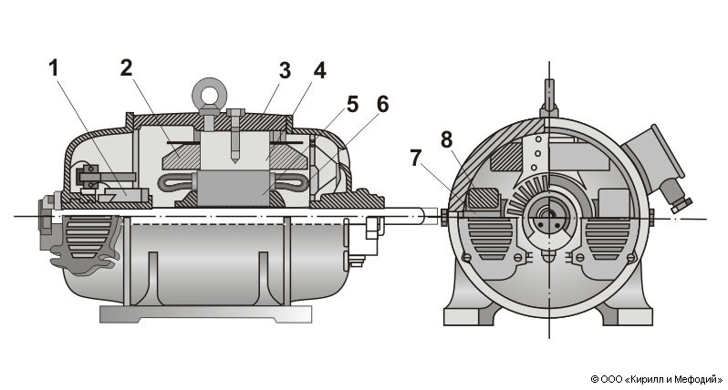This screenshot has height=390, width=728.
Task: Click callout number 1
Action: pos(54,68)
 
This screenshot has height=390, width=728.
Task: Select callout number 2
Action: pos(126,67)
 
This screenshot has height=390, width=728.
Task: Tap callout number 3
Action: pos(285,71)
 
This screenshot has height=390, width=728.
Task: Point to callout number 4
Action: pos(319,70)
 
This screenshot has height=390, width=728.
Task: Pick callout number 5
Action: pos(353,105)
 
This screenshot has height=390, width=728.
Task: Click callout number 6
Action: pos(382,105)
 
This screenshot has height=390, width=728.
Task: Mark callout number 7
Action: pos(415,159)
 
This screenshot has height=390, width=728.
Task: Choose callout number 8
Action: pos(446,139)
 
